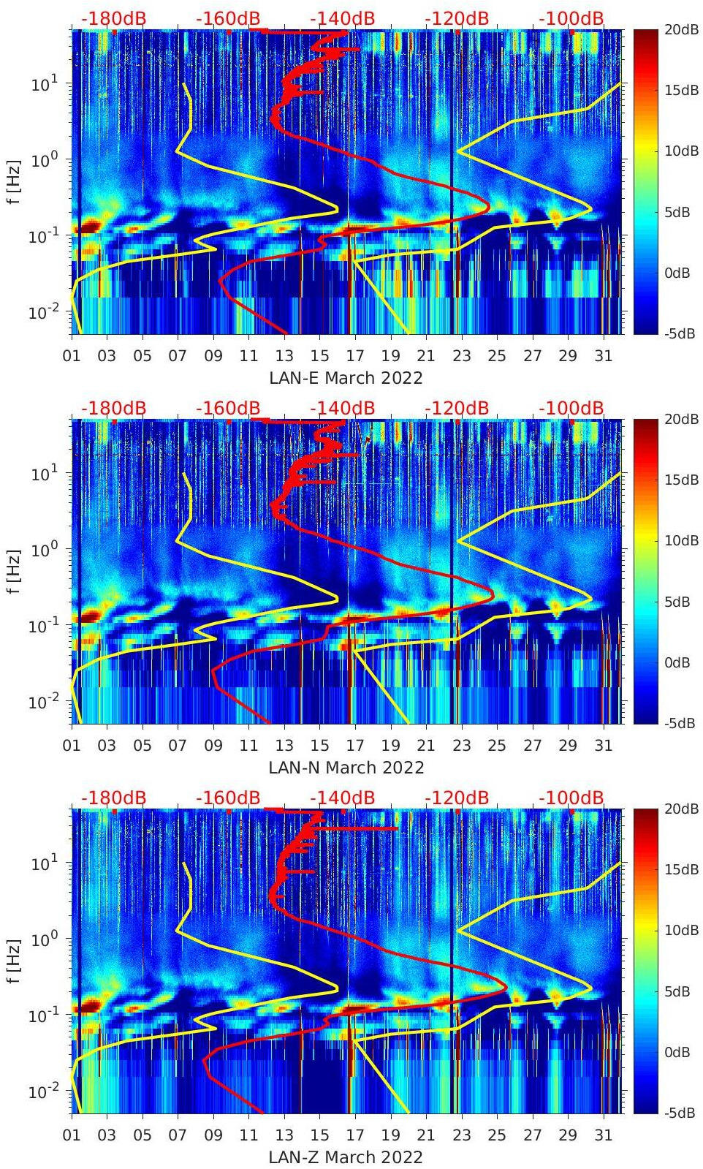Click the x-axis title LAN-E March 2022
pyautogui.click(x=346, y=378)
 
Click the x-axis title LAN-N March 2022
pyautogui.click(x=346, y=768)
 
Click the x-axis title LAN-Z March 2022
pyautogui.click(x=346, y=1157)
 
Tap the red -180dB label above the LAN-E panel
pyautogui.click(x=113, y=18)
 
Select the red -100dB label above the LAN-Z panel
pyautogui.click(x=571, y=798)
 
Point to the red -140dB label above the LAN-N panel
pyautogui.click(x=343, y=408)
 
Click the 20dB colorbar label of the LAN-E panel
pyautogui.click(x=680, y=29)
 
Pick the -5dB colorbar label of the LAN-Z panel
pyautogui.click(x=680, y=1113)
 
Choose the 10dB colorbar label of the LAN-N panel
pyautogui.click(x=680, y=540)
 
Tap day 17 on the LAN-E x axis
pyautogui.click(x=355, y=356)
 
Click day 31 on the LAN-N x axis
pyautogui.click(x=603, y=746)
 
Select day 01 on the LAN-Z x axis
pyautogui.click(x=72, y=1135)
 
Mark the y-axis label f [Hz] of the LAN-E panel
pyautogui.click(x=14, y=182)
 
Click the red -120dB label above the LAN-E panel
pyautogui.click(x=457, y=18)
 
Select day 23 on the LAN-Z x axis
pyautogui.click(x=461, y=1135)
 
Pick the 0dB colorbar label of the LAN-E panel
pyautogui.click(x=677, y=273)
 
